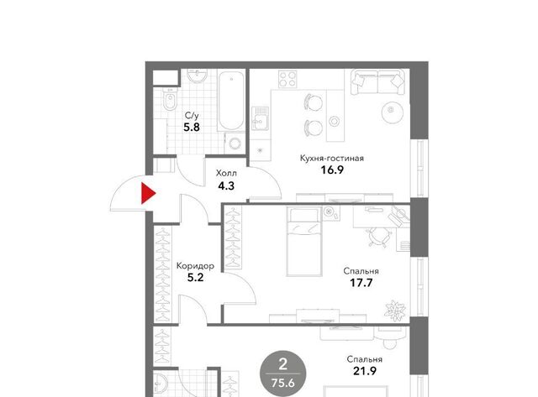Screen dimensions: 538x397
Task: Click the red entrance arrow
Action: click(148, 194)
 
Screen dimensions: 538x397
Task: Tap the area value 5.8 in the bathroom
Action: click(192, 128)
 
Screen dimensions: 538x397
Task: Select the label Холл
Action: click(226, 174)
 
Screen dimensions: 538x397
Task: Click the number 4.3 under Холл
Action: click(226, 186)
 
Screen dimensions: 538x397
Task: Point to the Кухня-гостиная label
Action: click(332, 159)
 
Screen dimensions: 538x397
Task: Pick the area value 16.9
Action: click(332, 170)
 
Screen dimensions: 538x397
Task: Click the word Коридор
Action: click(195, 266)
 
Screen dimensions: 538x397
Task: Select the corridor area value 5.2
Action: click(196, 278)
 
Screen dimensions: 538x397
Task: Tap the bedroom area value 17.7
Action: click(361, 283)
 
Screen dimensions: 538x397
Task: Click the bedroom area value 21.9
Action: click(365, 371)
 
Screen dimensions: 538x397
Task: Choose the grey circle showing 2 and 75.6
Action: click(282, 373)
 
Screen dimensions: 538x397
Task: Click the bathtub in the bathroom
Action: click(231, 101)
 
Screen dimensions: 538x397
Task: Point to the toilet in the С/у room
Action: click(170, 99)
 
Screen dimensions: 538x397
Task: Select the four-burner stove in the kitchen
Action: click(287, 79)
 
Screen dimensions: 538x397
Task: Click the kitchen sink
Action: click(261, 118)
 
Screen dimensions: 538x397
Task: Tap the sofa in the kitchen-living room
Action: click(377, 82)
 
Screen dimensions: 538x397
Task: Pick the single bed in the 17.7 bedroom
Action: click(304, 242)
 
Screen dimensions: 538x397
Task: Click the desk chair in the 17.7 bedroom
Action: click(379, 236)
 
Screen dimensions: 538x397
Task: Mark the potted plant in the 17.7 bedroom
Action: click(395, 311)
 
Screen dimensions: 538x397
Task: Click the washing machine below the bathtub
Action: click(235, 144)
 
